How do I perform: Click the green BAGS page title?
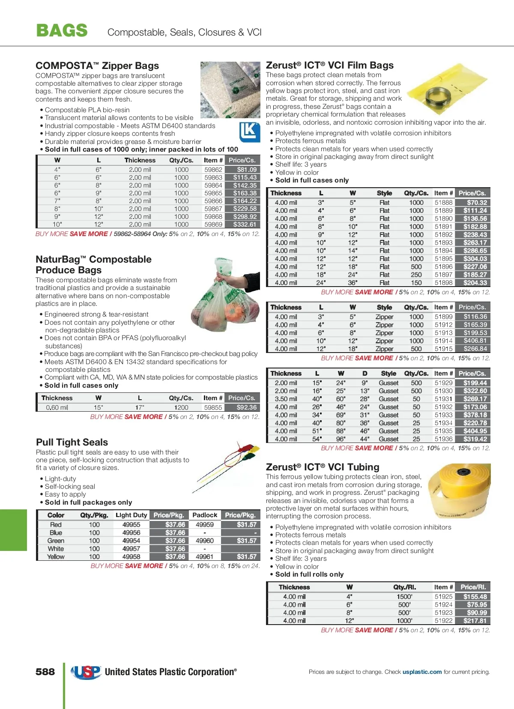point(62,31)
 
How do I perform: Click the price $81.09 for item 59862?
point(247,170)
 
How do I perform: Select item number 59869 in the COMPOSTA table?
point(213,224)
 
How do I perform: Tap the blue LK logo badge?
point(249,132)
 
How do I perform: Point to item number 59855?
point(213,407)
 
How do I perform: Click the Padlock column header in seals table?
point(205,515)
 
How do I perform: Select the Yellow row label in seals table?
point(56,556)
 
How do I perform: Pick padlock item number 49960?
point(205,541)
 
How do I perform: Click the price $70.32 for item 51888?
point(477,203)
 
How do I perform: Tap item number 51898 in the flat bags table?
point(443,283)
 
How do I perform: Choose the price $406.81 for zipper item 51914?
point(475,341)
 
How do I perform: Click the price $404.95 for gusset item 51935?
point(475,431)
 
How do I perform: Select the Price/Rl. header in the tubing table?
point(473,587)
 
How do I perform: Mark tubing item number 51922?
point(443,620)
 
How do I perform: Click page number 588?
point(45,672)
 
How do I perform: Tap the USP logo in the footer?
point(86,672)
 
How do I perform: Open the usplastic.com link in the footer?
point(422,672)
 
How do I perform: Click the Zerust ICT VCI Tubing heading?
point(323,467)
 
